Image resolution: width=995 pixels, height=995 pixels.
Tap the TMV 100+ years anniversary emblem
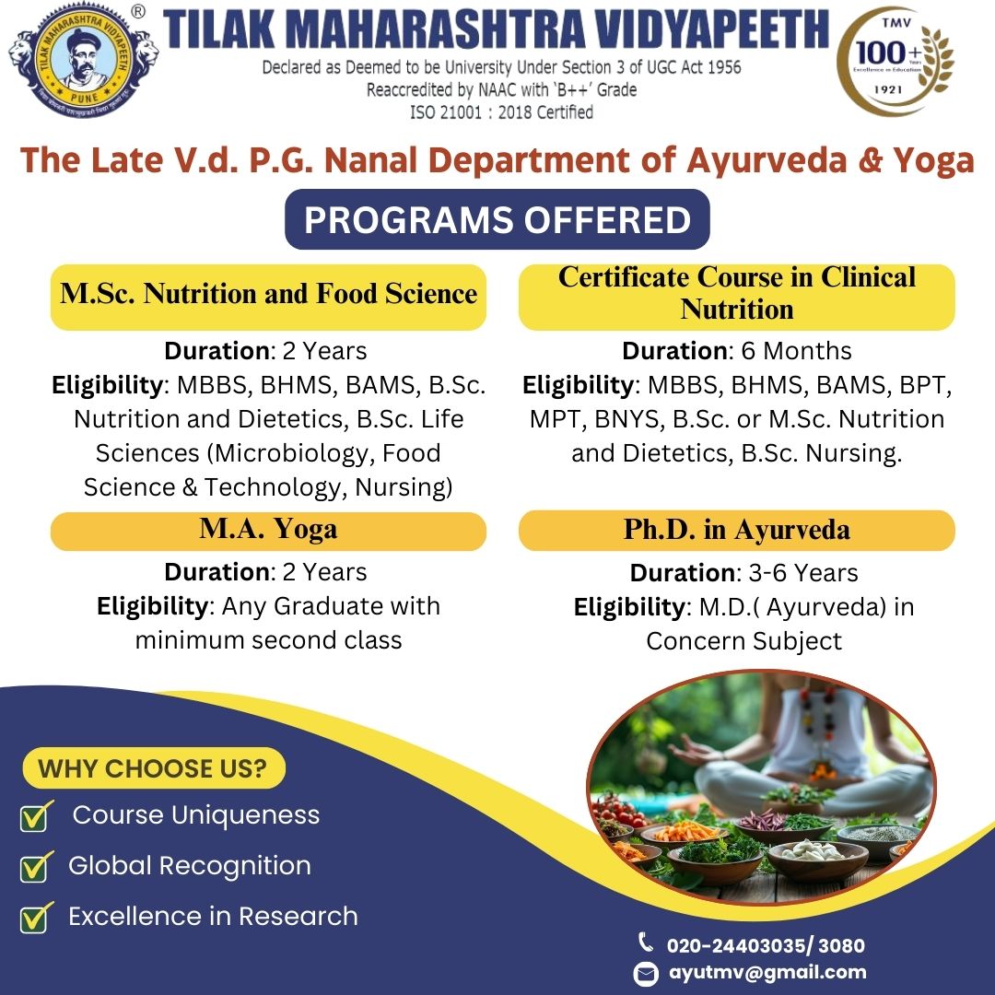tap(895, 62)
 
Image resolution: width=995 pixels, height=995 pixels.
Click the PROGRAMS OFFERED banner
tap(497, 219)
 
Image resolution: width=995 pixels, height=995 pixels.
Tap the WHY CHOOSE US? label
tap(153, 768)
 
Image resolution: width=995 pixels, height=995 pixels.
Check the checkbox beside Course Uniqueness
tap(36, 816)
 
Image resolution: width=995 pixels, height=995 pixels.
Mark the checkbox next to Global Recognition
tap(36, 868)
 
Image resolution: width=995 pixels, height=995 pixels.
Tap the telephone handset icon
tap(645, 942)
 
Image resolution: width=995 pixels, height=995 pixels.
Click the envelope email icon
tap(646, 974)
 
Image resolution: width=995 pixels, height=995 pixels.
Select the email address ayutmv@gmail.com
tap(767, 972)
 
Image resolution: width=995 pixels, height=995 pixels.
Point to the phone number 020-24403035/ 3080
tap(766, 945)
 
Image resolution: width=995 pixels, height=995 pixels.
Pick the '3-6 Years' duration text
tap(803, 573)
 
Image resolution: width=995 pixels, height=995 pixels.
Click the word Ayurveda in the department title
tap(767, 159)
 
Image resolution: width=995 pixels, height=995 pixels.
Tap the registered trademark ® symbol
tap(137, 11)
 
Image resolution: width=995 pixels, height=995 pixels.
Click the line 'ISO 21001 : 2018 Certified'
tap(501, 112)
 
